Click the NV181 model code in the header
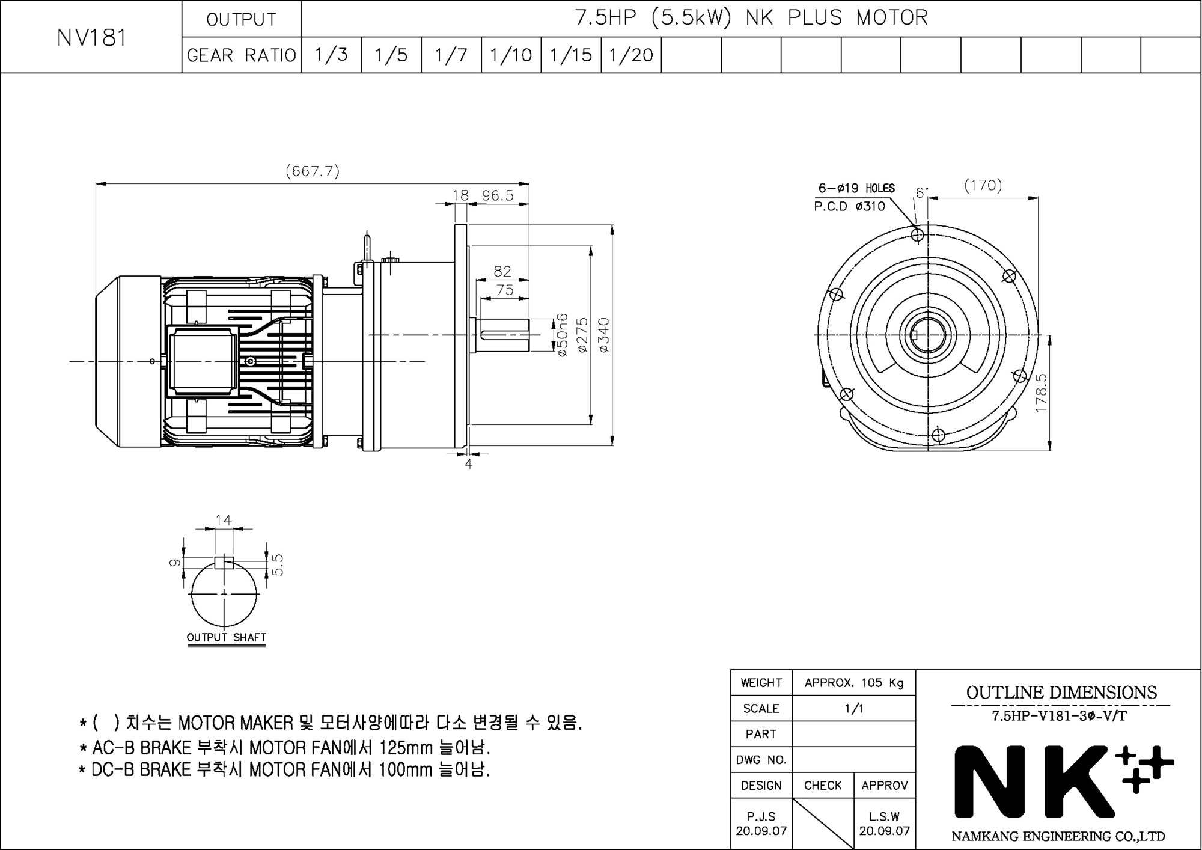91,38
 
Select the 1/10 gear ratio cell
511,55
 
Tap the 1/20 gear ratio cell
631,55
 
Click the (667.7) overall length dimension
313,171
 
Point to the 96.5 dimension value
498,195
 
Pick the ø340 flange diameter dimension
603,335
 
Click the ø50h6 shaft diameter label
562,335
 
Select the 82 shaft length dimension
502,272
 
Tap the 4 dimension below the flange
468,464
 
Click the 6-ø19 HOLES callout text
856,188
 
